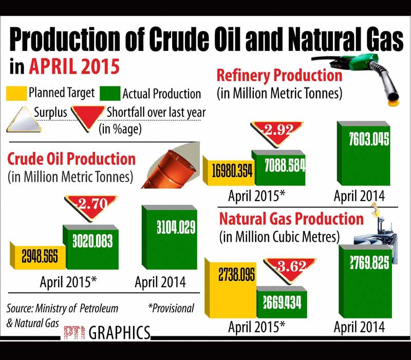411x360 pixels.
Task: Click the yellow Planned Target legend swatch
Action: coord(16,94)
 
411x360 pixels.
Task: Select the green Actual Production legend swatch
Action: coord(109,94)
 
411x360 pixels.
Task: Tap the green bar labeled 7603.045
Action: coord(362,154)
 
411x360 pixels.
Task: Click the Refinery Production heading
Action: coord(279,76)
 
